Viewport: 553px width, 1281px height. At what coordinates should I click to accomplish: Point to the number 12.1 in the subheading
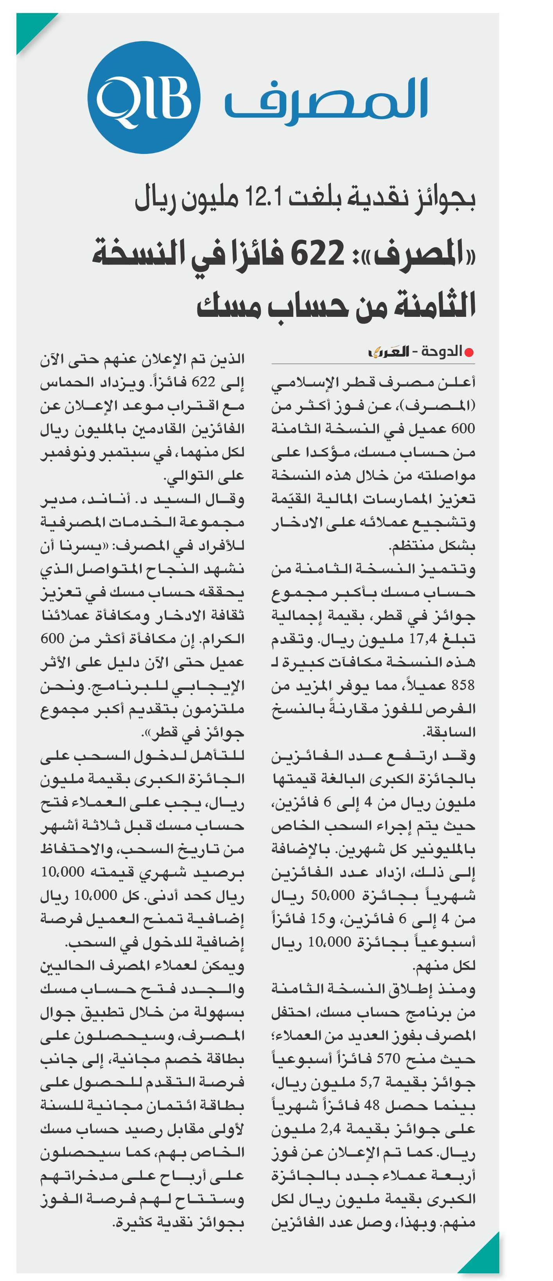(265, 198)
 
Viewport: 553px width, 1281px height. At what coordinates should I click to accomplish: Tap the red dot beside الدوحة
(469, 352)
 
